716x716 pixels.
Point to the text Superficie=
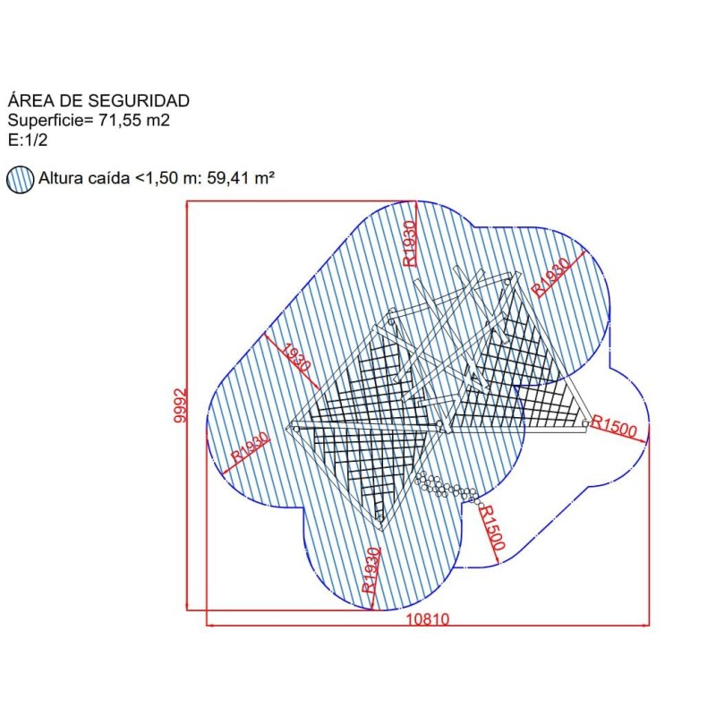50,121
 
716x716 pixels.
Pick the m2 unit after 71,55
158,121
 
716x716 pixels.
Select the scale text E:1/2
28,140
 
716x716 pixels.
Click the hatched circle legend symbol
20,179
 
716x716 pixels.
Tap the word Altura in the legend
61,177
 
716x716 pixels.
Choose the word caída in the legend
108,177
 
